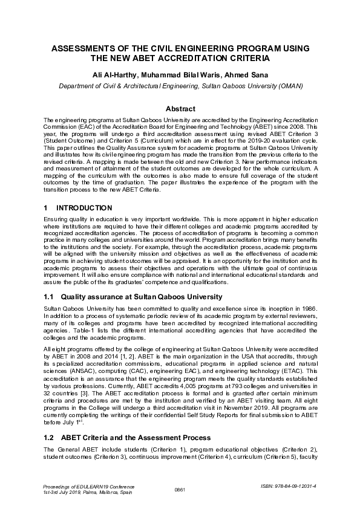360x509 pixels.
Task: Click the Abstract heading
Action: pyautogui.click(x=180, y=109)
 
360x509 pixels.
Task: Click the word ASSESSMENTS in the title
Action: pyautogui.click(x=86, y=48)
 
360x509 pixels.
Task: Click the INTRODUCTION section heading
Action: pyautogui.click(x=83, y=207)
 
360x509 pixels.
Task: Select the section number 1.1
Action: pyautogui.click(x=50, y=297)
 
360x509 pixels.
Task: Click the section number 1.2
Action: pyautogui.click(x=50, y=437)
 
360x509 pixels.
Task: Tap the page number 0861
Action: pyautogui.click(x=179, y=489)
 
